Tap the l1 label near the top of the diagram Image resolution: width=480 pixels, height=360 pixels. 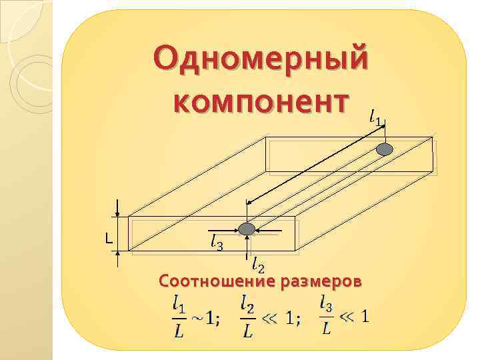[x=376, y=119]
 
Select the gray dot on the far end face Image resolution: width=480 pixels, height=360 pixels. [x=385, y=149]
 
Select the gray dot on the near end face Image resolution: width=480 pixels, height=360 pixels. [x=247, y=229]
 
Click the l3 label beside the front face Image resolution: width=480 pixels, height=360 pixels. [x=217, y=243]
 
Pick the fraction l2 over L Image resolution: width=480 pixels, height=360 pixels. [x=247, y=317]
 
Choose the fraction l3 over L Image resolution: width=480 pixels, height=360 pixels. [x=326, y=315]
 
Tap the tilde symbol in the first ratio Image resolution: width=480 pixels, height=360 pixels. [x=197, y=318]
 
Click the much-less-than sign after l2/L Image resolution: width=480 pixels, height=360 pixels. [x=269, y=318]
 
